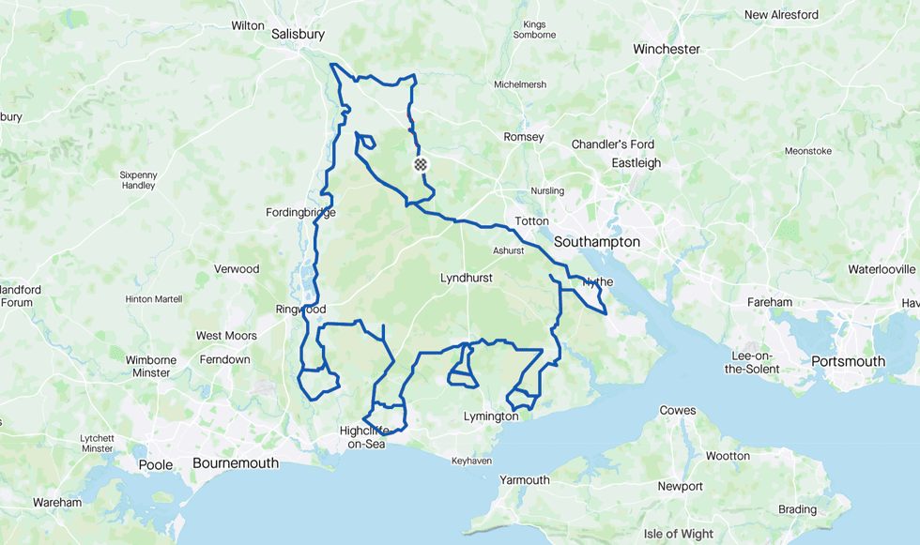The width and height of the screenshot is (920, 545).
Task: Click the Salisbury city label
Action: click(298, 34)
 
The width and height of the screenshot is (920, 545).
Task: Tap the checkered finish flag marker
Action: click(421, 164)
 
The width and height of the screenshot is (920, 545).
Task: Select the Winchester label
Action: click(667, 49)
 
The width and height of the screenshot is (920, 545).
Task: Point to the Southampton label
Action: click(597, 242)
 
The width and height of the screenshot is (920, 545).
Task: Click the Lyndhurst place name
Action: click(467, 279)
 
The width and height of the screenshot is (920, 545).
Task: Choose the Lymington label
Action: click(491, 416)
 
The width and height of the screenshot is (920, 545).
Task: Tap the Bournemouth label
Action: click(236, 463)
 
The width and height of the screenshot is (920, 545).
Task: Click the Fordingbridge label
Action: click(300, 213)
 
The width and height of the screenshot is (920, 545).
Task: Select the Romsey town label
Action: click(524, 137)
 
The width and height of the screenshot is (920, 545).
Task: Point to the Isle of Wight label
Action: click(679, 534)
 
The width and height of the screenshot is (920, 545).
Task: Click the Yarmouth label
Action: click(525, 480)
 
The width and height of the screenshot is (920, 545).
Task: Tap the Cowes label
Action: click(678, 411)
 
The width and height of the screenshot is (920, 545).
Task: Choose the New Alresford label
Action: click(781, 15)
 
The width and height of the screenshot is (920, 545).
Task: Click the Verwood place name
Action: click(237, 269)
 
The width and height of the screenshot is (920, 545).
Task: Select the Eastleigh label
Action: click(636, 163)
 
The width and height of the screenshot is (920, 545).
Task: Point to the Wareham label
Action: click(57, 503)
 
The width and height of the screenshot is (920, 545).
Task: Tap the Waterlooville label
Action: click(881, 269)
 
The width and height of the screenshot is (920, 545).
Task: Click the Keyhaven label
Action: click(471, 462)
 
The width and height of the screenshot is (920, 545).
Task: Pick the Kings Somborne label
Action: click(534, 29)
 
